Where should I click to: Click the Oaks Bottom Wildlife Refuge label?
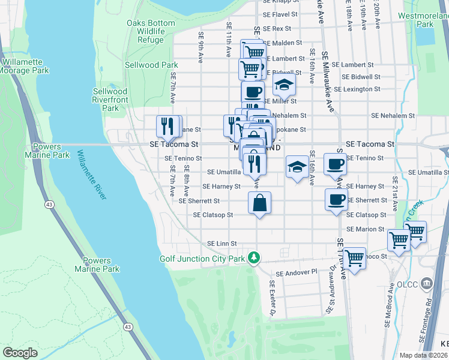click(x=151, y=32)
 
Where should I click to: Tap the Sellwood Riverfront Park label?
click(x=110, y=100)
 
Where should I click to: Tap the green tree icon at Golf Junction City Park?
click(x=255, y=257)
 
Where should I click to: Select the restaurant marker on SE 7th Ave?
click(x=169, y=126)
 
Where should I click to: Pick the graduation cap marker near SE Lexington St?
click(x=284, y=85)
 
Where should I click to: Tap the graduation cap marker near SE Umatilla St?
click(x=297, y=167)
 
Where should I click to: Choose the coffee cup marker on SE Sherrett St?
click(x=336, y=200)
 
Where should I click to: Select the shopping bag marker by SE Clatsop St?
click(x=259, y=202)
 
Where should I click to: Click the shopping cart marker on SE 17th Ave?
click(x=355, y=258)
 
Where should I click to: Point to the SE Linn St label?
click(x=221, y=243)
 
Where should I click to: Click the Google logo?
click(x=19, y=352)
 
